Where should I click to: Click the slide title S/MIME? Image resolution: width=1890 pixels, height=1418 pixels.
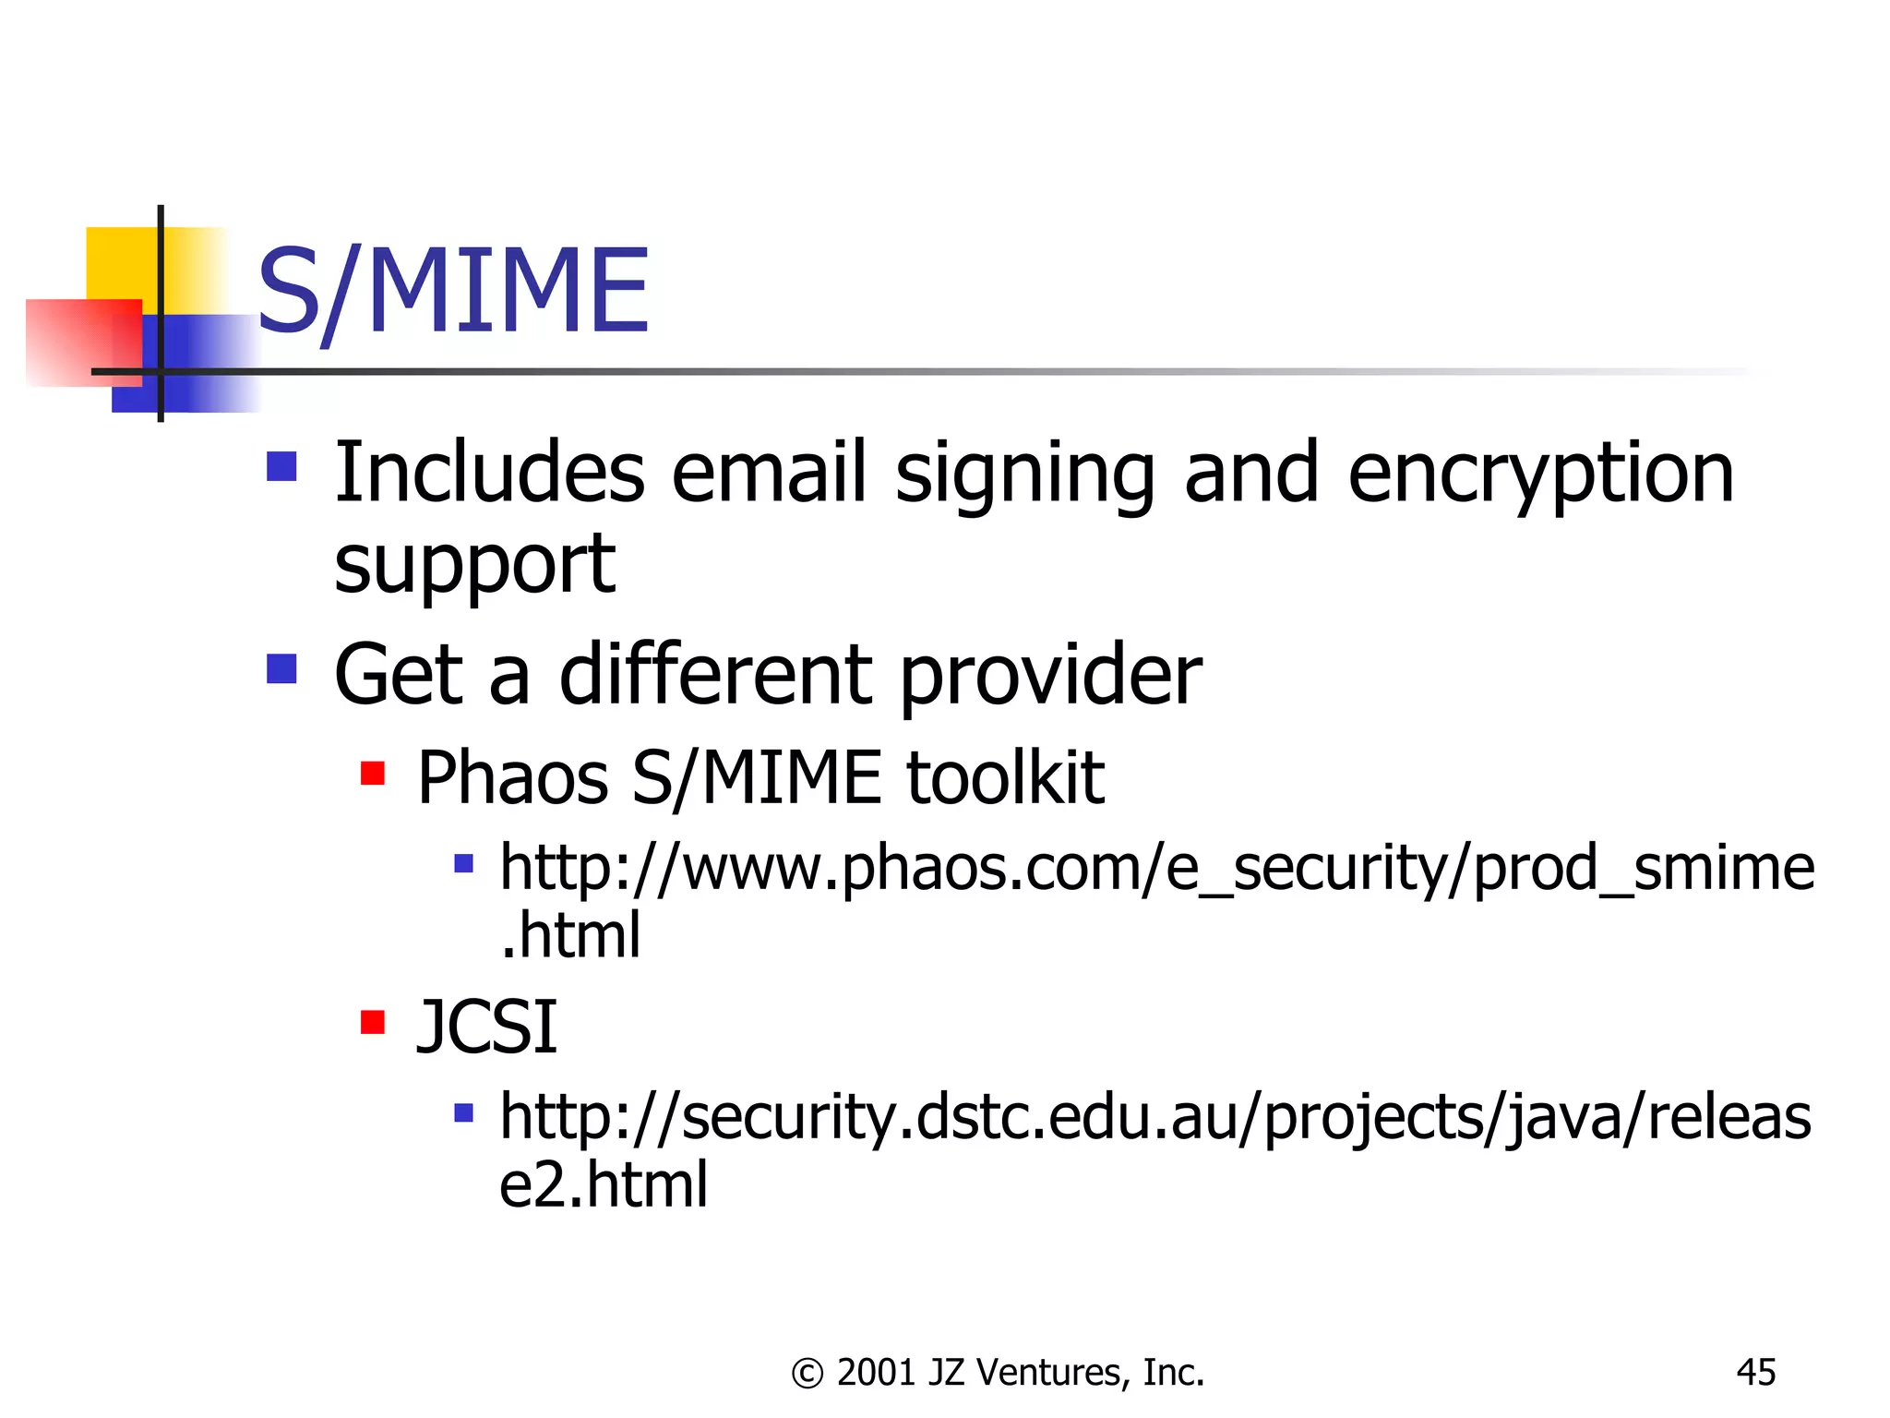452,291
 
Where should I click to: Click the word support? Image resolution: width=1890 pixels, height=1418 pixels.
474,564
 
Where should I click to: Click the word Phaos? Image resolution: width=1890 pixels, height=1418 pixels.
512,777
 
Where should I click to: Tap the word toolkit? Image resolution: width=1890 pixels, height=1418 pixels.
1005,777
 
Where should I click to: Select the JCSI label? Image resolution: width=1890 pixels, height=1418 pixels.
486,1027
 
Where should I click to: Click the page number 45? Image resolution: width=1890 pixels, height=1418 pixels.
1755,1373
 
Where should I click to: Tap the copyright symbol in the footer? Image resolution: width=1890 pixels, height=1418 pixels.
807,1374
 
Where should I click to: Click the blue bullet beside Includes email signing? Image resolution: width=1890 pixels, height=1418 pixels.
281,466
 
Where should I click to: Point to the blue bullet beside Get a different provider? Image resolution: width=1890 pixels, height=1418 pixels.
281,668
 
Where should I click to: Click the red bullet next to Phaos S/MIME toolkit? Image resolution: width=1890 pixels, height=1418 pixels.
373,773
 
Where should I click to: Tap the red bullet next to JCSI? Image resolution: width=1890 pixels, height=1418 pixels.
373,1022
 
